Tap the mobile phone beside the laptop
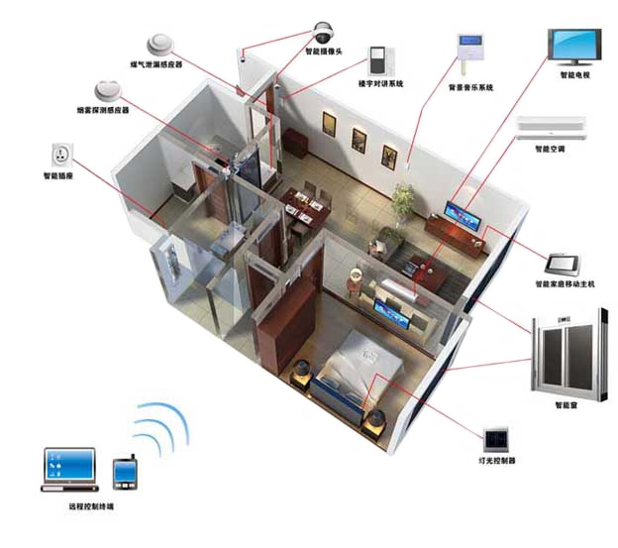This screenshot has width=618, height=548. pos(126,473)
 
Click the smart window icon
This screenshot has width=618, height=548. pos(564,354)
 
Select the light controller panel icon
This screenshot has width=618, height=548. pos(495,439)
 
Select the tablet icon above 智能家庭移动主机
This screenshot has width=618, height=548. pos(562,265)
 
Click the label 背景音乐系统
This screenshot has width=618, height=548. pos(469,87)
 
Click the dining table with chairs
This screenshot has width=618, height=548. pos(306,206)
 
